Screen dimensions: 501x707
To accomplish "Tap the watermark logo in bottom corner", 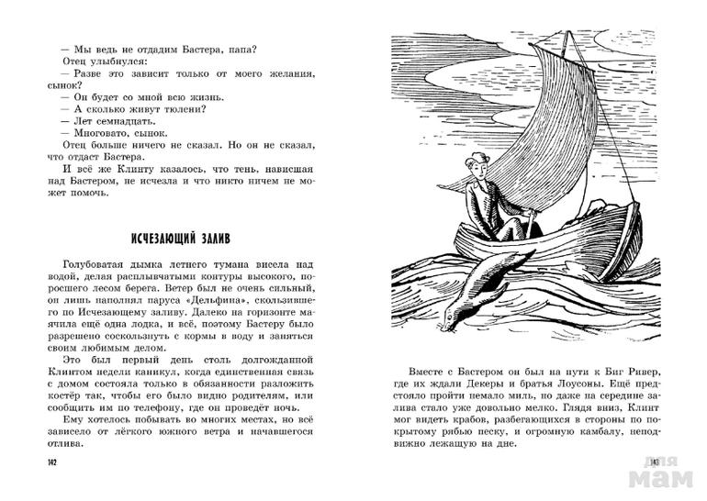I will (x=656, y=472).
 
